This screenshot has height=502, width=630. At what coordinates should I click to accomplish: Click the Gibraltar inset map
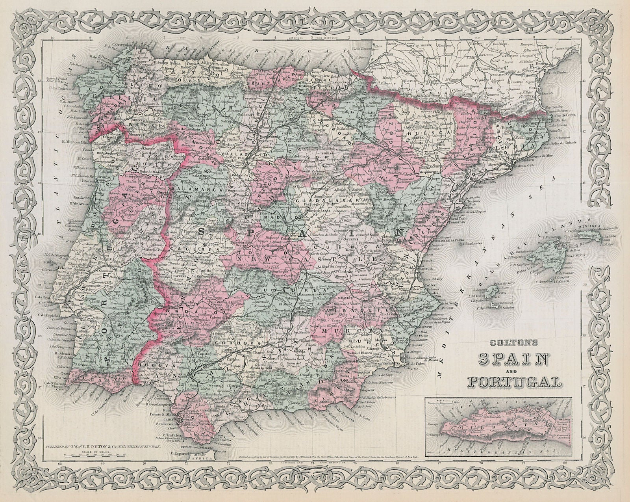(498, 421)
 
